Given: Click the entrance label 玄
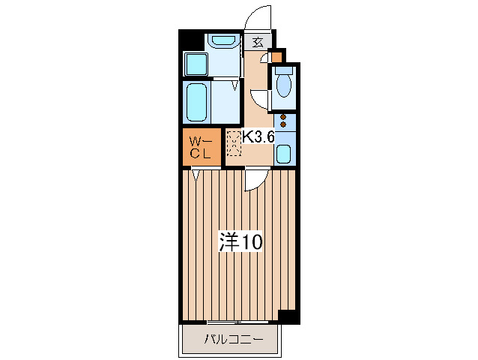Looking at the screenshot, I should tap(258, 43).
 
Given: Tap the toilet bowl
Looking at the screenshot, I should tap(284, 84).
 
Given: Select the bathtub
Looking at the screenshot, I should tap(197, 101).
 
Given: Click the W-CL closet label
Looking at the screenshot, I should tap(202, 148).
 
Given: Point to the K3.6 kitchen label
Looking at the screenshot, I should tap(258, 138).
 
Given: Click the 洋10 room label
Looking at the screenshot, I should tap(240, 241).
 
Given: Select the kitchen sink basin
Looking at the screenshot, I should tap(284, 154).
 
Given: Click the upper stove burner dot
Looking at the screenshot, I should tap(283, 118).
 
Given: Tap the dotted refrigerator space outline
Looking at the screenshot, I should tap(235, 142).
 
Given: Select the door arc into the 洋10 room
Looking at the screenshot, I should tap(253, 178).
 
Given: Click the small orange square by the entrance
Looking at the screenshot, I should tap(276, 56).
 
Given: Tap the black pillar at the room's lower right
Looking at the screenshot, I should tap(288, 316).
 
